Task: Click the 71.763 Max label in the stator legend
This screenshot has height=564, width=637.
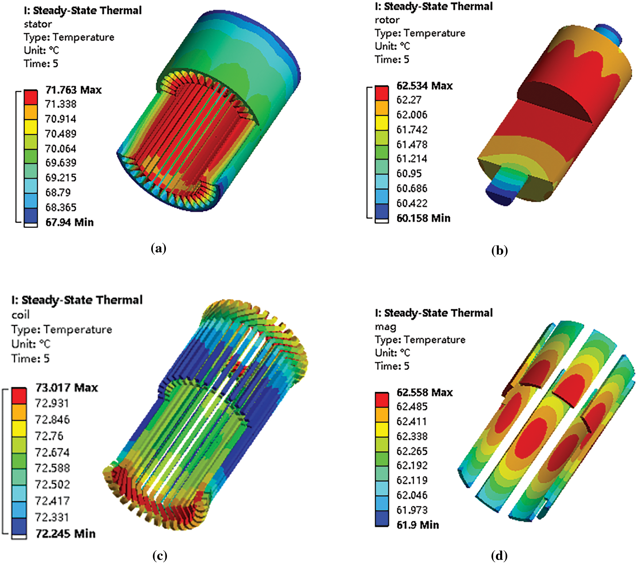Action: [x=73, y=90]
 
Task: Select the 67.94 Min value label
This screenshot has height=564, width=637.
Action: [x=69, y=222]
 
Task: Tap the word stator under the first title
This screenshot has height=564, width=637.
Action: [x=38, y=24]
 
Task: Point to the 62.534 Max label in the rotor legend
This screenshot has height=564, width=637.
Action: [x=424, y=86]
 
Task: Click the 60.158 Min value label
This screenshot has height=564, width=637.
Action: [x=423, y=218]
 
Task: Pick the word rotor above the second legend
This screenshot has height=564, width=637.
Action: [x=387, y=20]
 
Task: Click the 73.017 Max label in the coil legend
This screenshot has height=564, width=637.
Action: [x=67, y=388]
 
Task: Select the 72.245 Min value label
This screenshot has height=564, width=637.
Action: [x=66, y=533]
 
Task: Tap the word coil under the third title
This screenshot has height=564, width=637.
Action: [x=20, y=315]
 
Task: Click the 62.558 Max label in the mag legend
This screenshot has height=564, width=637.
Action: [x=424, y=392]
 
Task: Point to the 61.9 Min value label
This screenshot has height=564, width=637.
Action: [x=418, y=525]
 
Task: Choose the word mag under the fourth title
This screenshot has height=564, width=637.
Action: [x=386, y=327]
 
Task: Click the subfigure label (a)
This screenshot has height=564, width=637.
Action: [x=159, y=249]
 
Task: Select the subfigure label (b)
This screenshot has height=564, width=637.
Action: [x=500, y=250]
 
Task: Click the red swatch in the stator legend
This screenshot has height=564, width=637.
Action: [x=31, y=97]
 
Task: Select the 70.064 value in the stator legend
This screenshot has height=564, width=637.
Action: [x=61, y=148]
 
